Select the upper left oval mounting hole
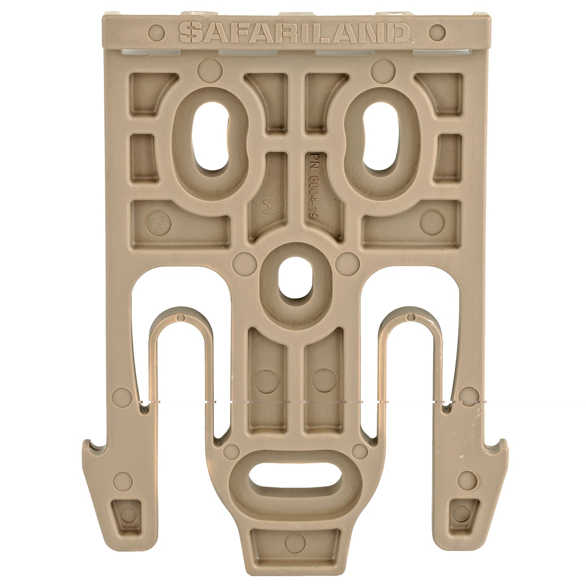(210, 136)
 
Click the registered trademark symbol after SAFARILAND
(413, 41)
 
